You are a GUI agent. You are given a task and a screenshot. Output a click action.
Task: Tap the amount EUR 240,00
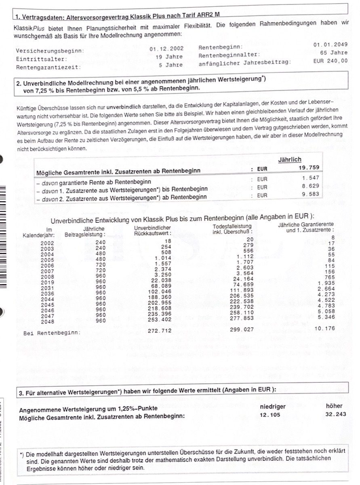point(331,61)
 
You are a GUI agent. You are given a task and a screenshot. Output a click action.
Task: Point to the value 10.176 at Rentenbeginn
point(324,328)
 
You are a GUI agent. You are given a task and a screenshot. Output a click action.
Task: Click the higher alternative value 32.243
point(335,414)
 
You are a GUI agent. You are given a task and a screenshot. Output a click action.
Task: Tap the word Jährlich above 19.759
point(290,160)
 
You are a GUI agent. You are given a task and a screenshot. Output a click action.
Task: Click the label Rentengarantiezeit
point(48,67)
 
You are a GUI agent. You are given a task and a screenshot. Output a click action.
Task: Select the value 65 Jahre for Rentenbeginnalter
point(334,53)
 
